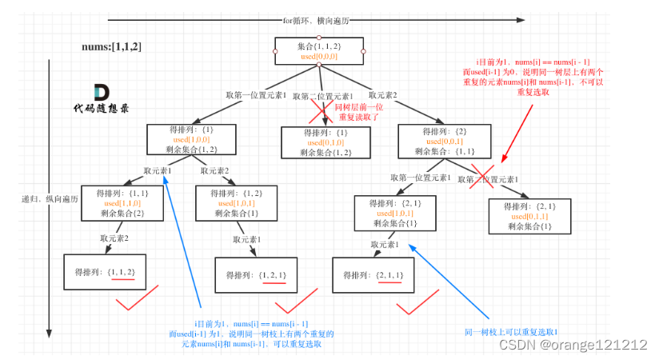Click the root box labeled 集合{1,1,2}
[319, 52]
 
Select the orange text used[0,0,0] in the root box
[319, 58]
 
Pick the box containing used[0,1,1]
[530, 216]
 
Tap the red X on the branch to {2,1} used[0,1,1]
[481, 177]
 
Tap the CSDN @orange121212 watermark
[572, 345]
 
